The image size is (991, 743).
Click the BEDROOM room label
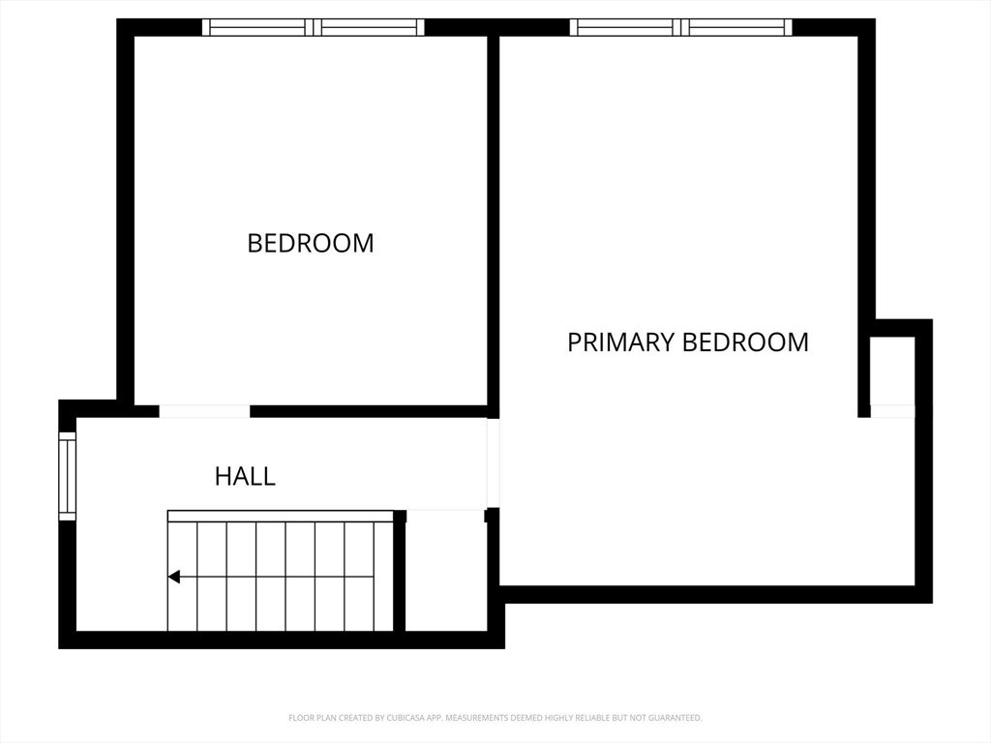pos(310,243)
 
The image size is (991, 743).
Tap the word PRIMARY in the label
pos(619,342)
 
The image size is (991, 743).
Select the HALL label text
pos(245,476)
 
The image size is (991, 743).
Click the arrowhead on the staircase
pos(174,577)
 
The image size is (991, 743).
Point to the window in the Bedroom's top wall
pos(313,27)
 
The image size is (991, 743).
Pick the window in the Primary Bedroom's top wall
pos(681,27)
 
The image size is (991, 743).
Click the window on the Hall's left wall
pos(67,476)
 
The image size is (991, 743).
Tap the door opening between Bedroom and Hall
pos(204,411)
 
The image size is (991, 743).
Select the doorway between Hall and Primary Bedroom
pos(493,462)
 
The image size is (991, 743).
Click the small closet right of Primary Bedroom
pos(891,371)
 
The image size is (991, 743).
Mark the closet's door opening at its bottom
pos(891,411)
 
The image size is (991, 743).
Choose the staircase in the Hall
pos(281,576)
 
